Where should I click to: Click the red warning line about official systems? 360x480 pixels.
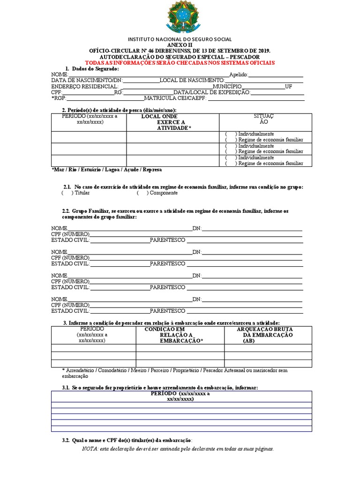point(180,63)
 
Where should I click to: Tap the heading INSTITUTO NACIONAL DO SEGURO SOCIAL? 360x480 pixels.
point(180,39)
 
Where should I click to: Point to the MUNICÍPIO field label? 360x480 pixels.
point(227,87)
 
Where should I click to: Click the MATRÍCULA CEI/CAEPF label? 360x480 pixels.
point(175,98)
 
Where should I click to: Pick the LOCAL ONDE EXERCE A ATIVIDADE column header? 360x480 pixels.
point(172,122)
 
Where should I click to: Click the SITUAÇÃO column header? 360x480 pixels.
point(263,119)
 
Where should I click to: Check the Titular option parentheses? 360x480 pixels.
point(67,193)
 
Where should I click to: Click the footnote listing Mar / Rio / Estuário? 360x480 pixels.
point(106,170)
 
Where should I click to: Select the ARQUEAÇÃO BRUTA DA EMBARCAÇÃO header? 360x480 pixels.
point(268,335)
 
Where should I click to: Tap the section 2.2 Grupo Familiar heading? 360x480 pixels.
point(175,214)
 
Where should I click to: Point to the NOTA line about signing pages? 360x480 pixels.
point(178,449)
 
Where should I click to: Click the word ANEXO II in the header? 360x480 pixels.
point(180,45)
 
